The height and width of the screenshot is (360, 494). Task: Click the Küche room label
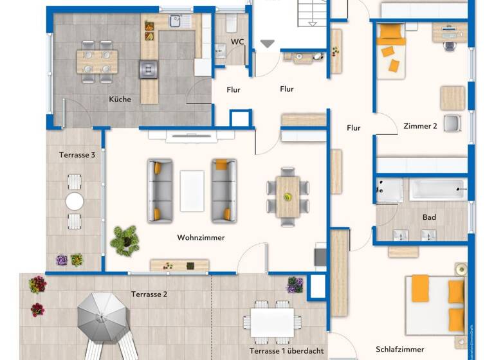120,100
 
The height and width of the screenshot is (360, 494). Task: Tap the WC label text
237,42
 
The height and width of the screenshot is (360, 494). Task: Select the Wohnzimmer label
201,238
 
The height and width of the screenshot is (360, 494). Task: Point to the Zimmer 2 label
420,126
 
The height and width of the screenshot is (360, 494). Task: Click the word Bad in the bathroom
429,217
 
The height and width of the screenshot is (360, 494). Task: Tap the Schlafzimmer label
400,350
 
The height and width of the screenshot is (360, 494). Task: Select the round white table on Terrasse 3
75,201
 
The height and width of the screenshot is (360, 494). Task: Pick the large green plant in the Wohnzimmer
125,239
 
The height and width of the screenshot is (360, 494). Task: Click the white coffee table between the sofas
192,190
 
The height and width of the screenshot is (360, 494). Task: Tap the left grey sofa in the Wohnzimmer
160,191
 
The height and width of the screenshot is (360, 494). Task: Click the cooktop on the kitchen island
148,68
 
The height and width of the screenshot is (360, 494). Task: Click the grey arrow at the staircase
268,44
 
